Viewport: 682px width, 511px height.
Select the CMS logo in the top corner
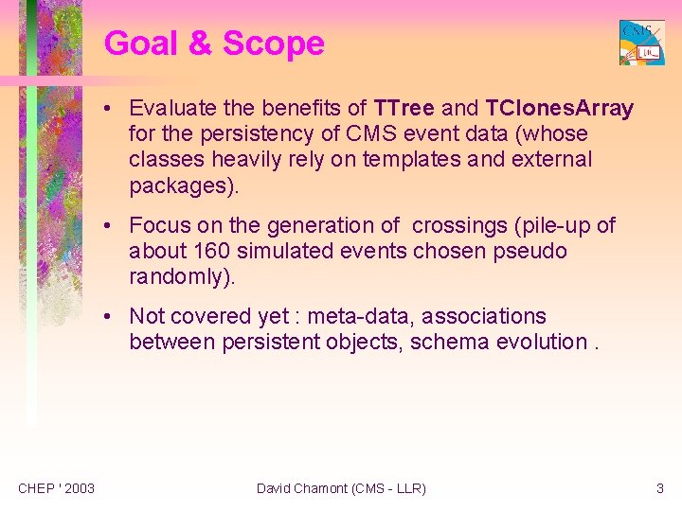[x=641, y=43]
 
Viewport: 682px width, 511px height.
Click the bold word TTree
[x=404, y=109]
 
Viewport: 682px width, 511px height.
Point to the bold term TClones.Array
[x=559, y=109]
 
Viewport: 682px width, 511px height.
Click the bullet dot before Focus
[x=111, y=226]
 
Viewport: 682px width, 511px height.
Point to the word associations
[x=493, y=316]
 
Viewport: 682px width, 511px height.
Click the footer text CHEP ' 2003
[x=56, y=488]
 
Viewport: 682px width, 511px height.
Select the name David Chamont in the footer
[x=300, y=488]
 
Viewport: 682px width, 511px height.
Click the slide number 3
[x=660, y=488]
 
